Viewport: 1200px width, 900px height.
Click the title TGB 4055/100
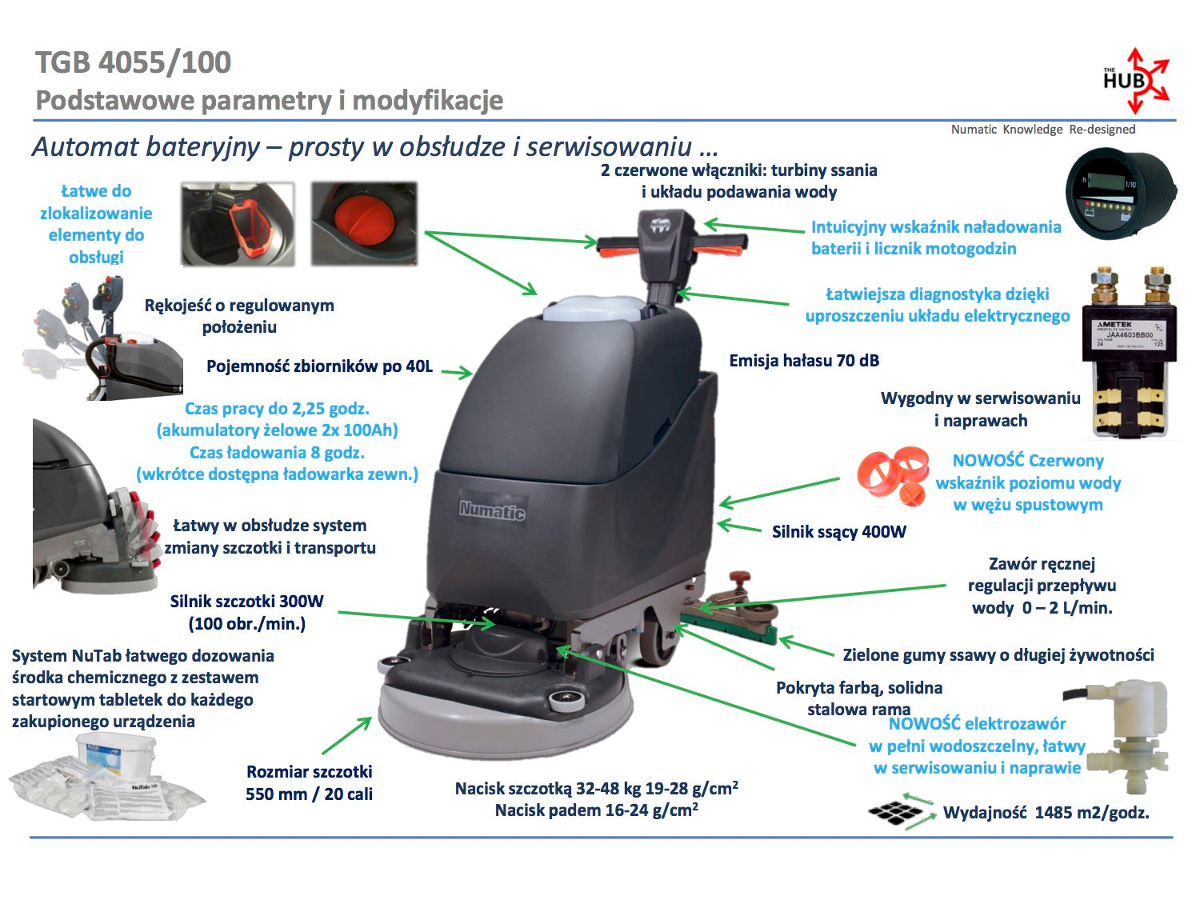click(134, 62)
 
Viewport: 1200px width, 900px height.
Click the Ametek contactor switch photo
click(1129, 352)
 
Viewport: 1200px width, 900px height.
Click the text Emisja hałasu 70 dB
click(804, 361)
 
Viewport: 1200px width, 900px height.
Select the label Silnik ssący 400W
click(838, 532)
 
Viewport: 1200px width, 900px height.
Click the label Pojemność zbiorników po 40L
click(319, 366)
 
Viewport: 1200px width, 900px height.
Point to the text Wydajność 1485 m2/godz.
click(1046, 813)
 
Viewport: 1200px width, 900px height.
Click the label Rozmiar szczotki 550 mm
click(310, 783)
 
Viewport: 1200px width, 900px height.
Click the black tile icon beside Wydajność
click(895, 812)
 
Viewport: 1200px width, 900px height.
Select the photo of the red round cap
click(364, 223)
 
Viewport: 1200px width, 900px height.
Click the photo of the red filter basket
click(238, 223)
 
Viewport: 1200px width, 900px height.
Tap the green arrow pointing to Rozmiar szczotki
click(347, 735)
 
